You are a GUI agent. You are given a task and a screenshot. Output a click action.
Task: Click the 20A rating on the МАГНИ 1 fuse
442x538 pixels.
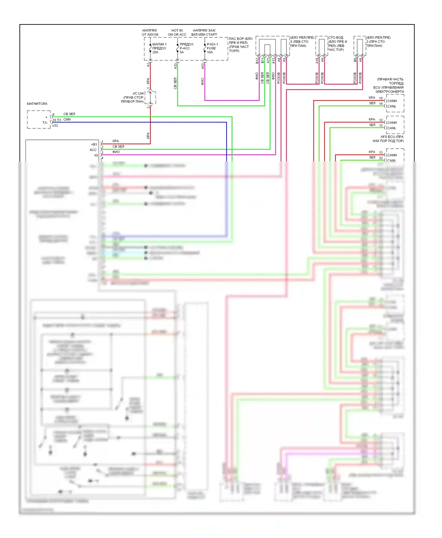(x=155, y=52)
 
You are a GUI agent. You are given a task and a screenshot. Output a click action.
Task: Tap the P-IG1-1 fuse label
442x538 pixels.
(x=212, y=44)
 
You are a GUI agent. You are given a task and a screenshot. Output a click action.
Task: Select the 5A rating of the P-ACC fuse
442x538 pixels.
(x=182, y=52)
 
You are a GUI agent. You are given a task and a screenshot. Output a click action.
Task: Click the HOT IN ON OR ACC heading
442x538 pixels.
(x=177, y=32)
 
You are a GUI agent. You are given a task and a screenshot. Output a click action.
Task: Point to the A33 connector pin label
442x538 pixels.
(x=175, y=66)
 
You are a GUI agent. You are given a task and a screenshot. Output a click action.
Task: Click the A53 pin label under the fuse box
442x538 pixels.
(x=203, y=66)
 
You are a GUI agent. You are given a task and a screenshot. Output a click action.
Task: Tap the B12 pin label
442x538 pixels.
(x=257, y=61)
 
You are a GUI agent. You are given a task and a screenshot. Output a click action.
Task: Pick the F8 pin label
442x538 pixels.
(x=284, y=60)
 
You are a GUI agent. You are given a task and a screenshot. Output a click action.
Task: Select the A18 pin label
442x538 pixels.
(x=317, y=61)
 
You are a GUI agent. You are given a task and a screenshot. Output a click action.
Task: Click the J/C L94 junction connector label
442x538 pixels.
(x=138, y=94)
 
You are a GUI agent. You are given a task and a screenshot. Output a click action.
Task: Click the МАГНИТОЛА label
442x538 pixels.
(x=37, y=104)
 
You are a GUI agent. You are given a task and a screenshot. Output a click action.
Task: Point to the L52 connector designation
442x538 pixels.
(x=55, y=126)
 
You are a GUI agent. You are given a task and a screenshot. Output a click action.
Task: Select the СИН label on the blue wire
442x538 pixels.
(x=67, y=119)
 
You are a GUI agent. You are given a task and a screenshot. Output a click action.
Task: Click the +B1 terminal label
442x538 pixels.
(x=94, y=145)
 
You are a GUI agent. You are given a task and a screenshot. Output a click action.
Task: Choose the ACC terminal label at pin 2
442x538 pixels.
(x=93, y=150)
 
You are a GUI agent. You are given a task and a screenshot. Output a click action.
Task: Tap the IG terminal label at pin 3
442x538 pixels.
(x=96, y=155)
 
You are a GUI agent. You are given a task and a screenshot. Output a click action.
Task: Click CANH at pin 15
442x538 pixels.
(x=392, y=101)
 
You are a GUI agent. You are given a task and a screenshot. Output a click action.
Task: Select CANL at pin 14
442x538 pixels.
(x=392, y=106)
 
